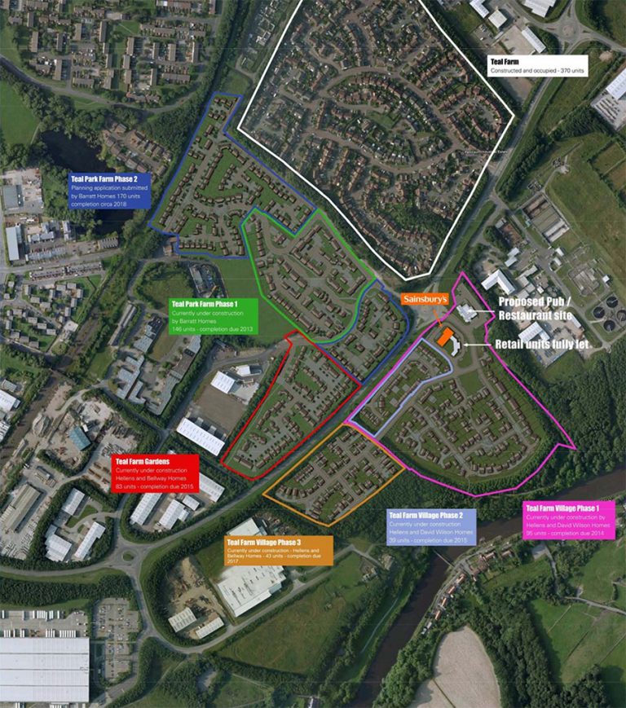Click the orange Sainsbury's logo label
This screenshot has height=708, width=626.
425,300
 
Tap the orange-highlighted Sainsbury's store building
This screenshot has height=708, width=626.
445,338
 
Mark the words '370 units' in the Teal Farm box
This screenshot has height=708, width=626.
565,72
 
